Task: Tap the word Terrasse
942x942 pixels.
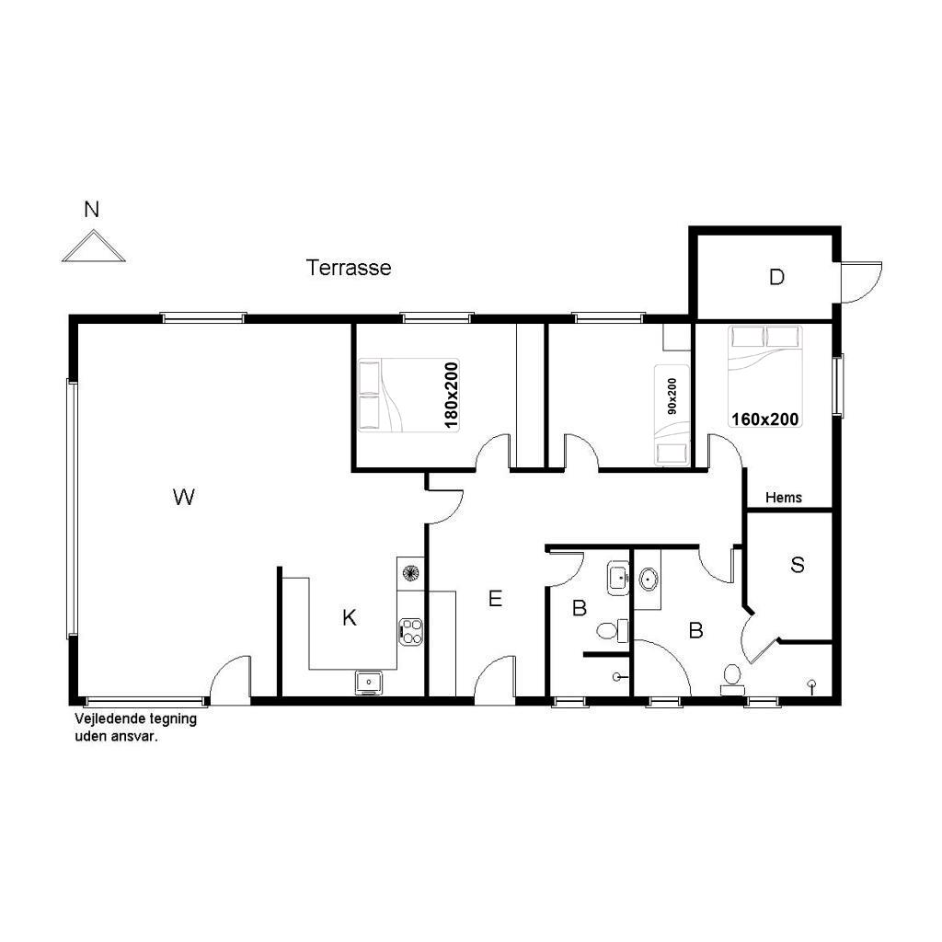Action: click(349, 268)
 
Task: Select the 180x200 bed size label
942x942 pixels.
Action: click(451, 396)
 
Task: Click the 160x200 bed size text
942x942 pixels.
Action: click(764, 419)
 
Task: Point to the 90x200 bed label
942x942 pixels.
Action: click(672, 396)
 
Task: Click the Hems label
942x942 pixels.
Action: click(784, 498)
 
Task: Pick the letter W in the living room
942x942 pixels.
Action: click(183, 497)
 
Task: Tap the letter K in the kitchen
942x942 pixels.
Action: click(349, 617)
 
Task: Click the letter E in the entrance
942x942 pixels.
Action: click(495, 598)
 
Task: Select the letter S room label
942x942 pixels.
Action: click(798, 565)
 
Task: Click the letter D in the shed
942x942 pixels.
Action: click(776, 277)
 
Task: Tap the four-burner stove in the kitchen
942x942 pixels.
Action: click(411, 631)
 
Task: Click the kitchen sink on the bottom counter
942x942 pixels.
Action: click(368, 683)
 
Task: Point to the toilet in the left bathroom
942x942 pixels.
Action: click(612, 631)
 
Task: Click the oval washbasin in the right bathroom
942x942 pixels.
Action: click(649, 580)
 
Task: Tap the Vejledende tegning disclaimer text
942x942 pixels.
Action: click(135, 728)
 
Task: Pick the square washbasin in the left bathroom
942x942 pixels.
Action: click(618, 578)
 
